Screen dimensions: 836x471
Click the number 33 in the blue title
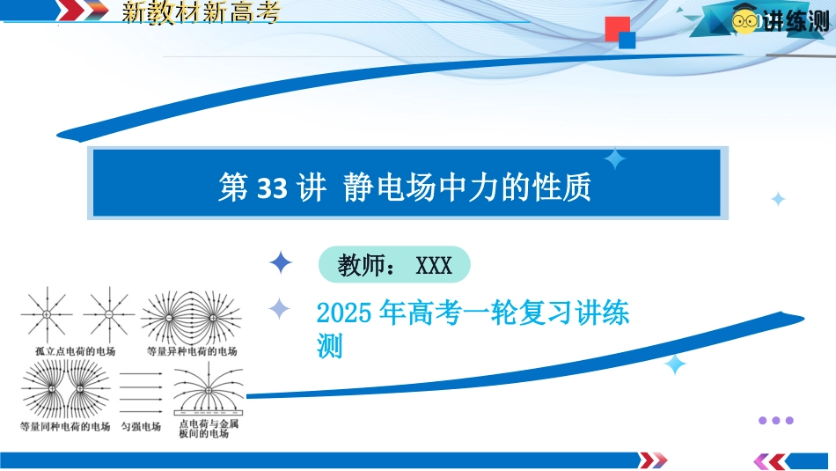pyautogui.click(x=272, y=188)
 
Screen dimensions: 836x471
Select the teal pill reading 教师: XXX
pyautogui.click(x=394, y=265)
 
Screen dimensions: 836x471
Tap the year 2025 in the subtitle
pyautogui.click(x=344, y=313)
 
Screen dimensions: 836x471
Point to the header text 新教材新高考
pyautogui.click(x=201, y=11)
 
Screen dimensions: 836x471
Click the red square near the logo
pyautogui.click(x=618, y=29)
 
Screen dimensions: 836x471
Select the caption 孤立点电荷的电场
pyautogui.click(x=75, y=351)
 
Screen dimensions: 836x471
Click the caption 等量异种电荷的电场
pyautogui.click(x=192, y=351)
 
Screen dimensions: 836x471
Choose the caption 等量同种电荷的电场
pyautogui.click(x=65, y=427)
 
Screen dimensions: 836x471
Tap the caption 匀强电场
pyautogui.click(x=141, y=427)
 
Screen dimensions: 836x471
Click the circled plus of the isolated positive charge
pyautogui.click(x=47, y=314)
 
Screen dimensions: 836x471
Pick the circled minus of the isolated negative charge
pyautogui.click(x=109, y=314)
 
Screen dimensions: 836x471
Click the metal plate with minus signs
pyautogui.click(x=209, y=413)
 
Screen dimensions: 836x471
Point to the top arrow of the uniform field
pyautogui.click(x=141, y=374)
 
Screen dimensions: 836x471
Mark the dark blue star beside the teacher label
pyautogui.click(x=281, y=262)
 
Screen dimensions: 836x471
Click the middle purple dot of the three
pyautogui.click(x=776, y=420)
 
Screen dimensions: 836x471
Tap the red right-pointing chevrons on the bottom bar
pyautogui.click(x=653, y=460)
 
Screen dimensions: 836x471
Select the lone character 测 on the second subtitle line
pyautogui.click(x=329, y=346)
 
